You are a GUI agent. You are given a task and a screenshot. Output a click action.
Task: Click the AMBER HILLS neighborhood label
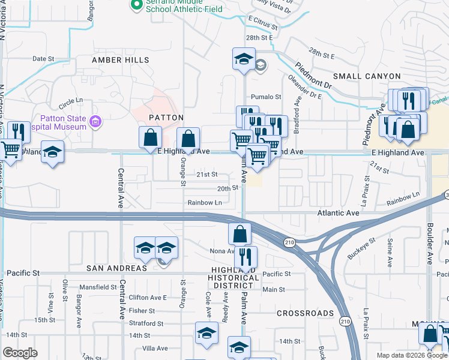(x=121, y=61)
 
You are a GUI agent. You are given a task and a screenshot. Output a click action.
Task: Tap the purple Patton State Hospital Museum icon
(x=94, y=122)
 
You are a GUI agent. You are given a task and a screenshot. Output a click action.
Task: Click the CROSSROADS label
(x=305, y=313)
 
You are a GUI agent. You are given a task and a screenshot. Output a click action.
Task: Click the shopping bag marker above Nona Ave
(x=240, y=233)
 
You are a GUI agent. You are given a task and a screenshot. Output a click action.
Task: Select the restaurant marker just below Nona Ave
(x=246, y=257)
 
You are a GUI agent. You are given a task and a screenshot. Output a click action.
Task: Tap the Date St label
(x=43, y=59)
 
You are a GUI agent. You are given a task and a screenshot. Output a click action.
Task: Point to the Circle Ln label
(x=70, y=101)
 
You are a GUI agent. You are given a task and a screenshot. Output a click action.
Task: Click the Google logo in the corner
(x=20, y=352)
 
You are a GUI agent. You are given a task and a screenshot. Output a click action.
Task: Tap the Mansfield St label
(x=97, y=287)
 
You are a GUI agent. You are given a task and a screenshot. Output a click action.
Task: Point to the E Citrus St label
(x=264, y=27)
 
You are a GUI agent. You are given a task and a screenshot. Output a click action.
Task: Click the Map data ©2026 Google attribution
(x=411, y=355)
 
